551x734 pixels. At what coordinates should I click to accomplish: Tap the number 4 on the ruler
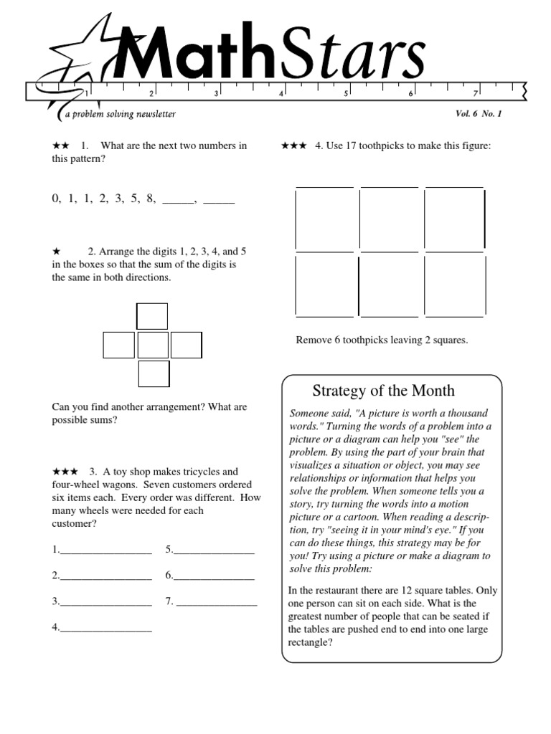(281, 93)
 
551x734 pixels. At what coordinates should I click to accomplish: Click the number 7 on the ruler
(475, 93)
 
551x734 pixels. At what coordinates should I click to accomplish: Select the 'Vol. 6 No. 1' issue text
(479, 114)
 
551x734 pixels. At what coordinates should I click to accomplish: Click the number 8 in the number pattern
(151, 199)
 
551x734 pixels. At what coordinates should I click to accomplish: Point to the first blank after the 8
(179, 200)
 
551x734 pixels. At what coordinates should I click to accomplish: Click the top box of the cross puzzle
(152, 316)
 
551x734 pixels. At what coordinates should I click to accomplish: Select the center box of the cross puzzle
(152, 345)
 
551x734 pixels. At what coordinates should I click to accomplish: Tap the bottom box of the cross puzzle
(153, 374)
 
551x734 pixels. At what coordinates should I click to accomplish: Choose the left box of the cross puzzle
(118, 345)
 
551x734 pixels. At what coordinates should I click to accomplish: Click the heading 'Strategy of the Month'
(383, 391)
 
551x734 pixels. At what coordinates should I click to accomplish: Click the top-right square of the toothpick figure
(454, 219)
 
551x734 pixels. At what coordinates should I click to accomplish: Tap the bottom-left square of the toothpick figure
(325, 285)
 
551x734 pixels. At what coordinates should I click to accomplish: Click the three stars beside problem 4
(293, 146)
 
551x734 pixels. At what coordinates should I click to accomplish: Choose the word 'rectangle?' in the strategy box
(310, 642)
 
